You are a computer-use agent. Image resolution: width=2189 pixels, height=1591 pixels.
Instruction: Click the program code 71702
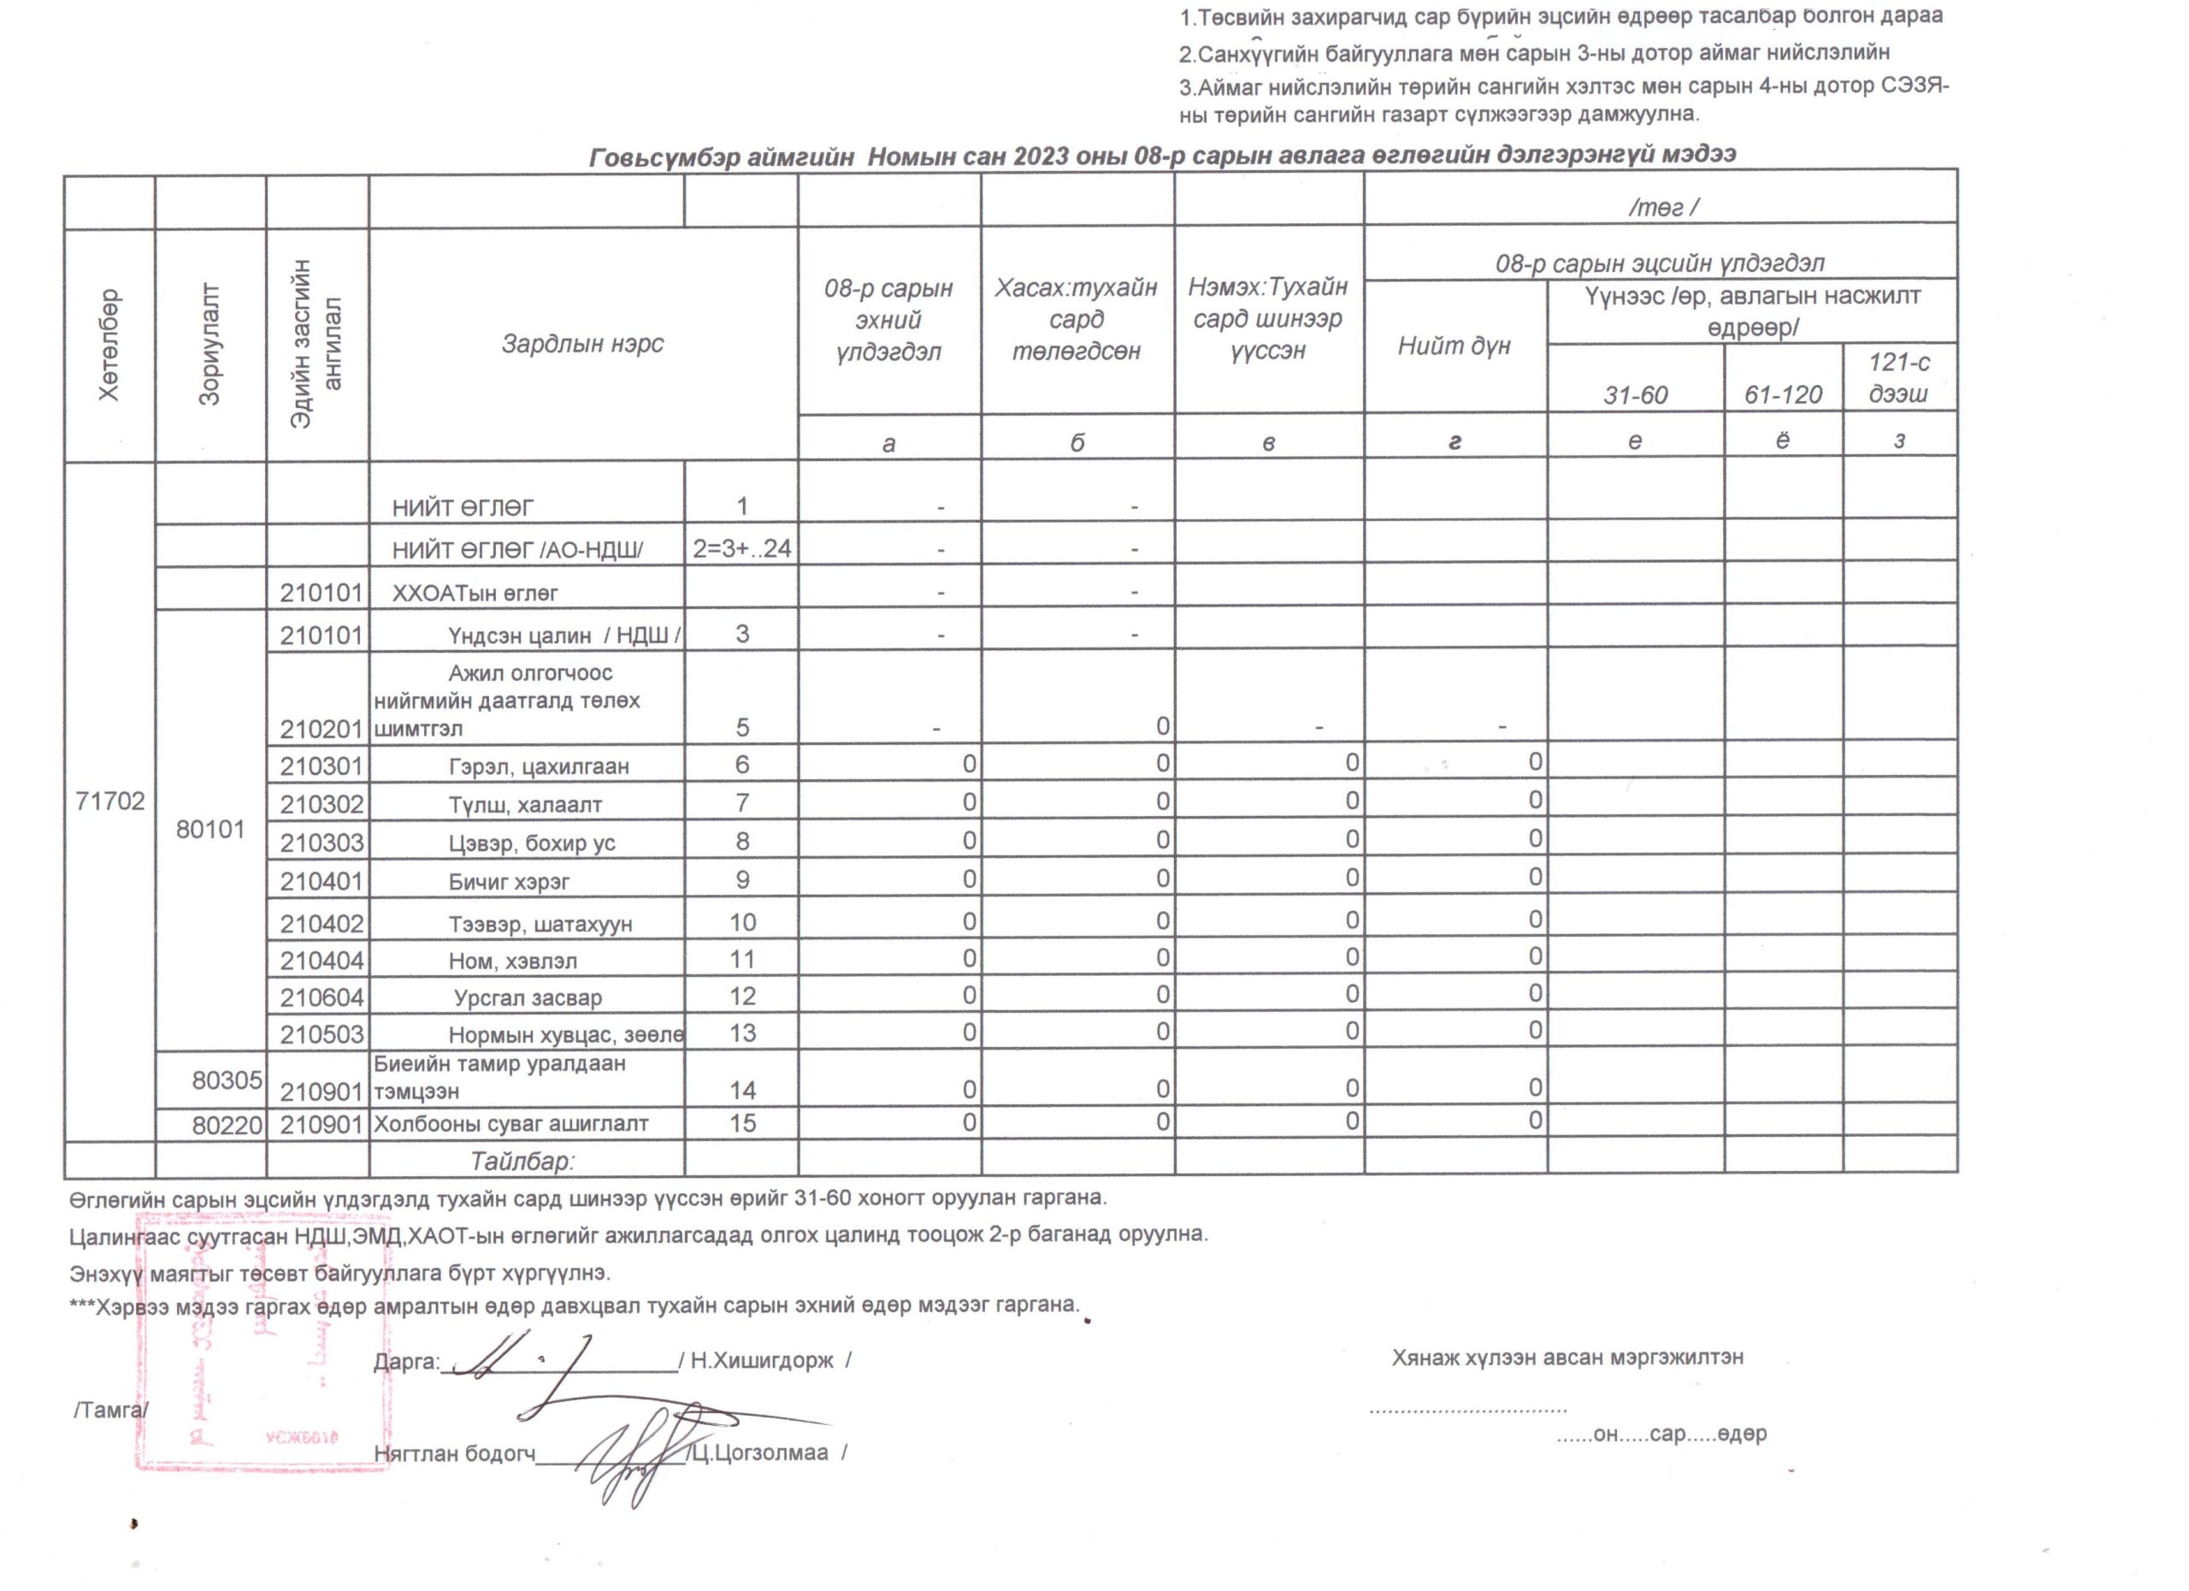point(110,801)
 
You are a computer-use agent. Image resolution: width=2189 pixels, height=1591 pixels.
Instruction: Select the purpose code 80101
point(210,830)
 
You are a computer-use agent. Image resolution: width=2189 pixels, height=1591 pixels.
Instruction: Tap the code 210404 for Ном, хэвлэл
point(322,961)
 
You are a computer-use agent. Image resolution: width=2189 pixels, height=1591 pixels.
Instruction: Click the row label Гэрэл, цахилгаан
point(539,766)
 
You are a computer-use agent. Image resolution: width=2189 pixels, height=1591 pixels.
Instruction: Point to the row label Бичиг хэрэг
point(509,881)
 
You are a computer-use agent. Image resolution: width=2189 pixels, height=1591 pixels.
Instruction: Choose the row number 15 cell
point(741,1123)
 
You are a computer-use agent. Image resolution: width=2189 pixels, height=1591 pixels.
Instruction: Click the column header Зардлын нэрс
point(582,344)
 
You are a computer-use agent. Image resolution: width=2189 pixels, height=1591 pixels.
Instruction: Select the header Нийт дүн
point(1454,346)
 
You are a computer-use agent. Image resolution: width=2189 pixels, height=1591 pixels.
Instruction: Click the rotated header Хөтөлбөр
point(109,345)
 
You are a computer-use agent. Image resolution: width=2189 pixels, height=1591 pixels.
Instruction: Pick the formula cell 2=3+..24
point(741,549)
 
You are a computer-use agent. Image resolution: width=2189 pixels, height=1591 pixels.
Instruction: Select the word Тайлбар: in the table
point(522,1161)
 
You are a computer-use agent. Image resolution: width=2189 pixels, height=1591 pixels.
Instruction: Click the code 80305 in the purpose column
point(227,1080)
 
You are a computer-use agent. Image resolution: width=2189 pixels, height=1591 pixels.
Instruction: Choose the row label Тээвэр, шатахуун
point(540,924)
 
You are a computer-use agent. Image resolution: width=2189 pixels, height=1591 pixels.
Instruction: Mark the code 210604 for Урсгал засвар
point(322,997)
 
